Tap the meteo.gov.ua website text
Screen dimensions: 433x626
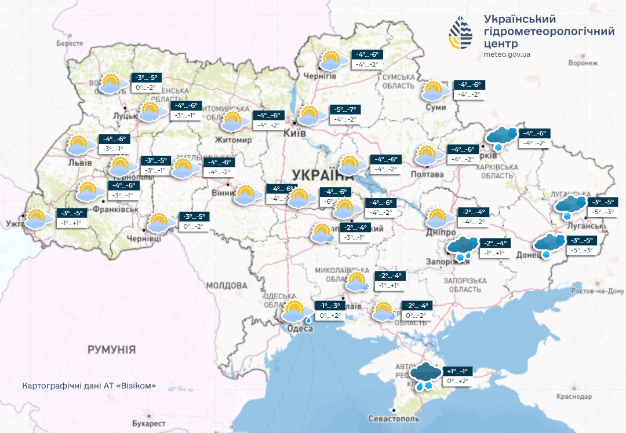507,54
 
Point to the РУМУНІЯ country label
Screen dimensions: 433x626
111,350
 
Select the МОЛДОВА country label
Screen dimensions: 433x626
227,285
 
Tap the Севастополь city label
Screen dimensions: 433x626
394,419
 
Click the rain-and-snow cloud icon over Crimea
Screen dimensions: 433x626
424,376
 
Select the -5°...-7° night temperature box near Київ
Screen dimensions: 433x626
345,109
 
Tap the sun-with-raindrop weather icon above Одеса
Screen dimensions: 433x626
296,311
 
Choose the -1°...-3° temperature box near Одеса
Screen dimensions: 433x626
329,306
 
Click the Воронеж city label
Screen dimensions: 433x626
583,63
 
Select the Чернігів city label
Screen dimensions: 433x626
320,76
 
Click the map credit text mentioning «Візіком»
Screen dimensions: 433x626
89,386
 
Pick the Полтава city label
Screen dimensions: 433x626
427,174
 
